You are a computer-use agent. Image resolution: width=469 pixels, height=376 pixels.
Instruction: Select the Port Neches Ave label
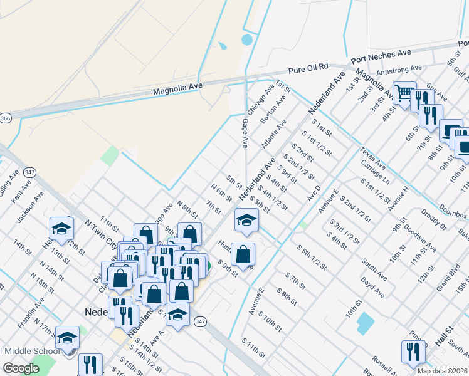pos(381,56)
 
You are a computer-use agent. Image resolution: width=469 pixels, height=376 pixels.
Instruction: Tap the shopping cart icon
pos(404,93)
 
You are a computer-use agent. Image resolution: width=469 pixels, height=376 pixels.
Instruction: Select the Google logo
pos(21,368)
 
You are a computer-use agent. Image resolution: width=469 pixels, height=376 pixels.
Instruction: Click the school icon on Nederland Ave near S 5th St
pos(246,220)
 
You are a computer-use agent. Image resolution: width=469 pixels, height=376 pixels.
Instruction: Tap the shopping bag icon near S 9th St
pos(243,254)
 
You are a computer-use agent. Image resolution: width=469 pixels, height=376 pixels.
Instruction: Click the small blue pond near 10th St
pos(364,323)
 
